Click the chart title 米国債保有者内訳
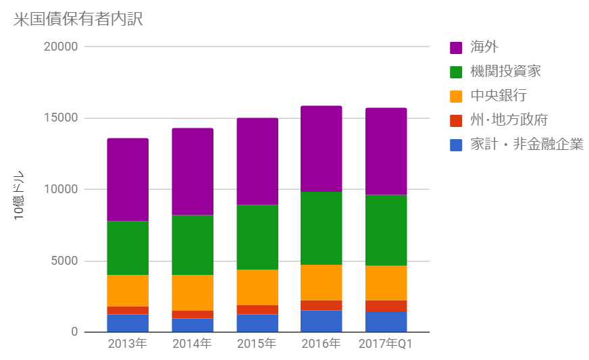78,19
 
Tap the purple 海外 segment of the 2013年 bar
128,180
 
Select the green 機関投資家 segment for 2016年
322,228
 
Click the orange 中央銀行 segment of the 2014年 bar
193,292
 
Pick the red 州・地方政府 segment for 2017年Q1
386,306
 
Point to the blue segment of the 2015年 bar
257,323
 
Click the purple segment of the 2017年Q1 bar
386,151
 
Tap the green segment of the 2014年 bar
193,245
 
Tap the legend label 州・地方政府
509,120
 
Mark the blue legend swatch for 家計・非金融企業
456,145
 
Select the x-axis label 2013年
128,344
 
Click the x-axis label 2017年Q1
386,344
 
